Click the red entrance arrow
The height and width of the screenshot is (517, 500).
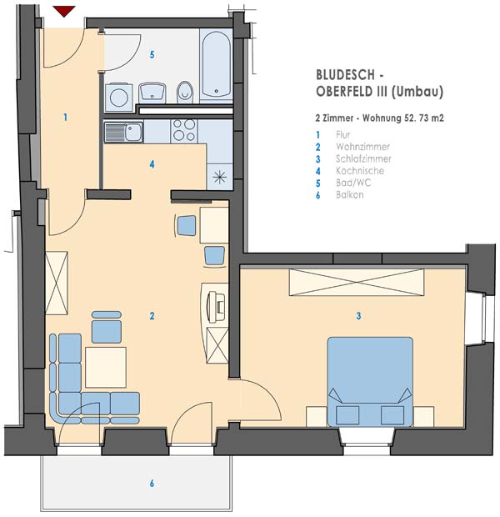(x=64, y=11)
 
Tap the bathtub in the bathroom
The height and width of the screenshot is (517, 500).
(x=216, y=64)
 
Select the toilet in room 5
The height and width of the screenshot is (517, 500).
(x=185, y=92)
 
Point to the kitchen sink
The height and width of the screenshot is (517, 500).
(x=123, y=132)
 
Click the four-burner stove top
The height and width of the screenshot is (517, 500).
(x=184, y=130)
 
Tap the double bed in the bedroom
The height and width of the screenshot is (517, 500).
(x=370, y=382)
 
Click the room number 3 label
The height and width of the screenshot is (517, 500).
(x=358, y=316)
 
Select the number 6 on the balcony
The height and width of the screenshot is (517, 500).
(x=152, y=484)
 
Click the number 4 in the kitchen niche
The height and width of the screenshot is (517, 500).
(x=152, y=164)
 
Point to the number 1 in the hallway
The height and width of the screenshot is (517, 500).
(x=66, y=117)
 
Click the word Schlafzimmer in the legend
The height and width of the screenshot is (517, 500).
(x=363, y=158)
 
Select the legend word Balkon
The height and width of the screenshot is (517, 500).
(x=350, y=194)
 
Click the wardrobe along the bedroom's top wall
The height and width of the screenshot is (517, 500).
(x=357, y=282)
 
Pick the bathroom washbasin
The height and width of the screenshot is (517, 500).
(x=152, y=92)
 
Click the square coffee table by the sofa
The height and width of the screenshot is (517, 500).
(x=106, y=367)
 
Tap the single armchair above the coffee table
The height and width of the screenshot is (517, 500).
(x=106, y=327)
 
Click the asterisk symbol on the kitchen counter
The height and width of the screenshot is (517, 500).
(x=219, y=178)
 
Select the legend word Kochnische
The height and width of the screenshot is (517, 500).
(x=360, y=171)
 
